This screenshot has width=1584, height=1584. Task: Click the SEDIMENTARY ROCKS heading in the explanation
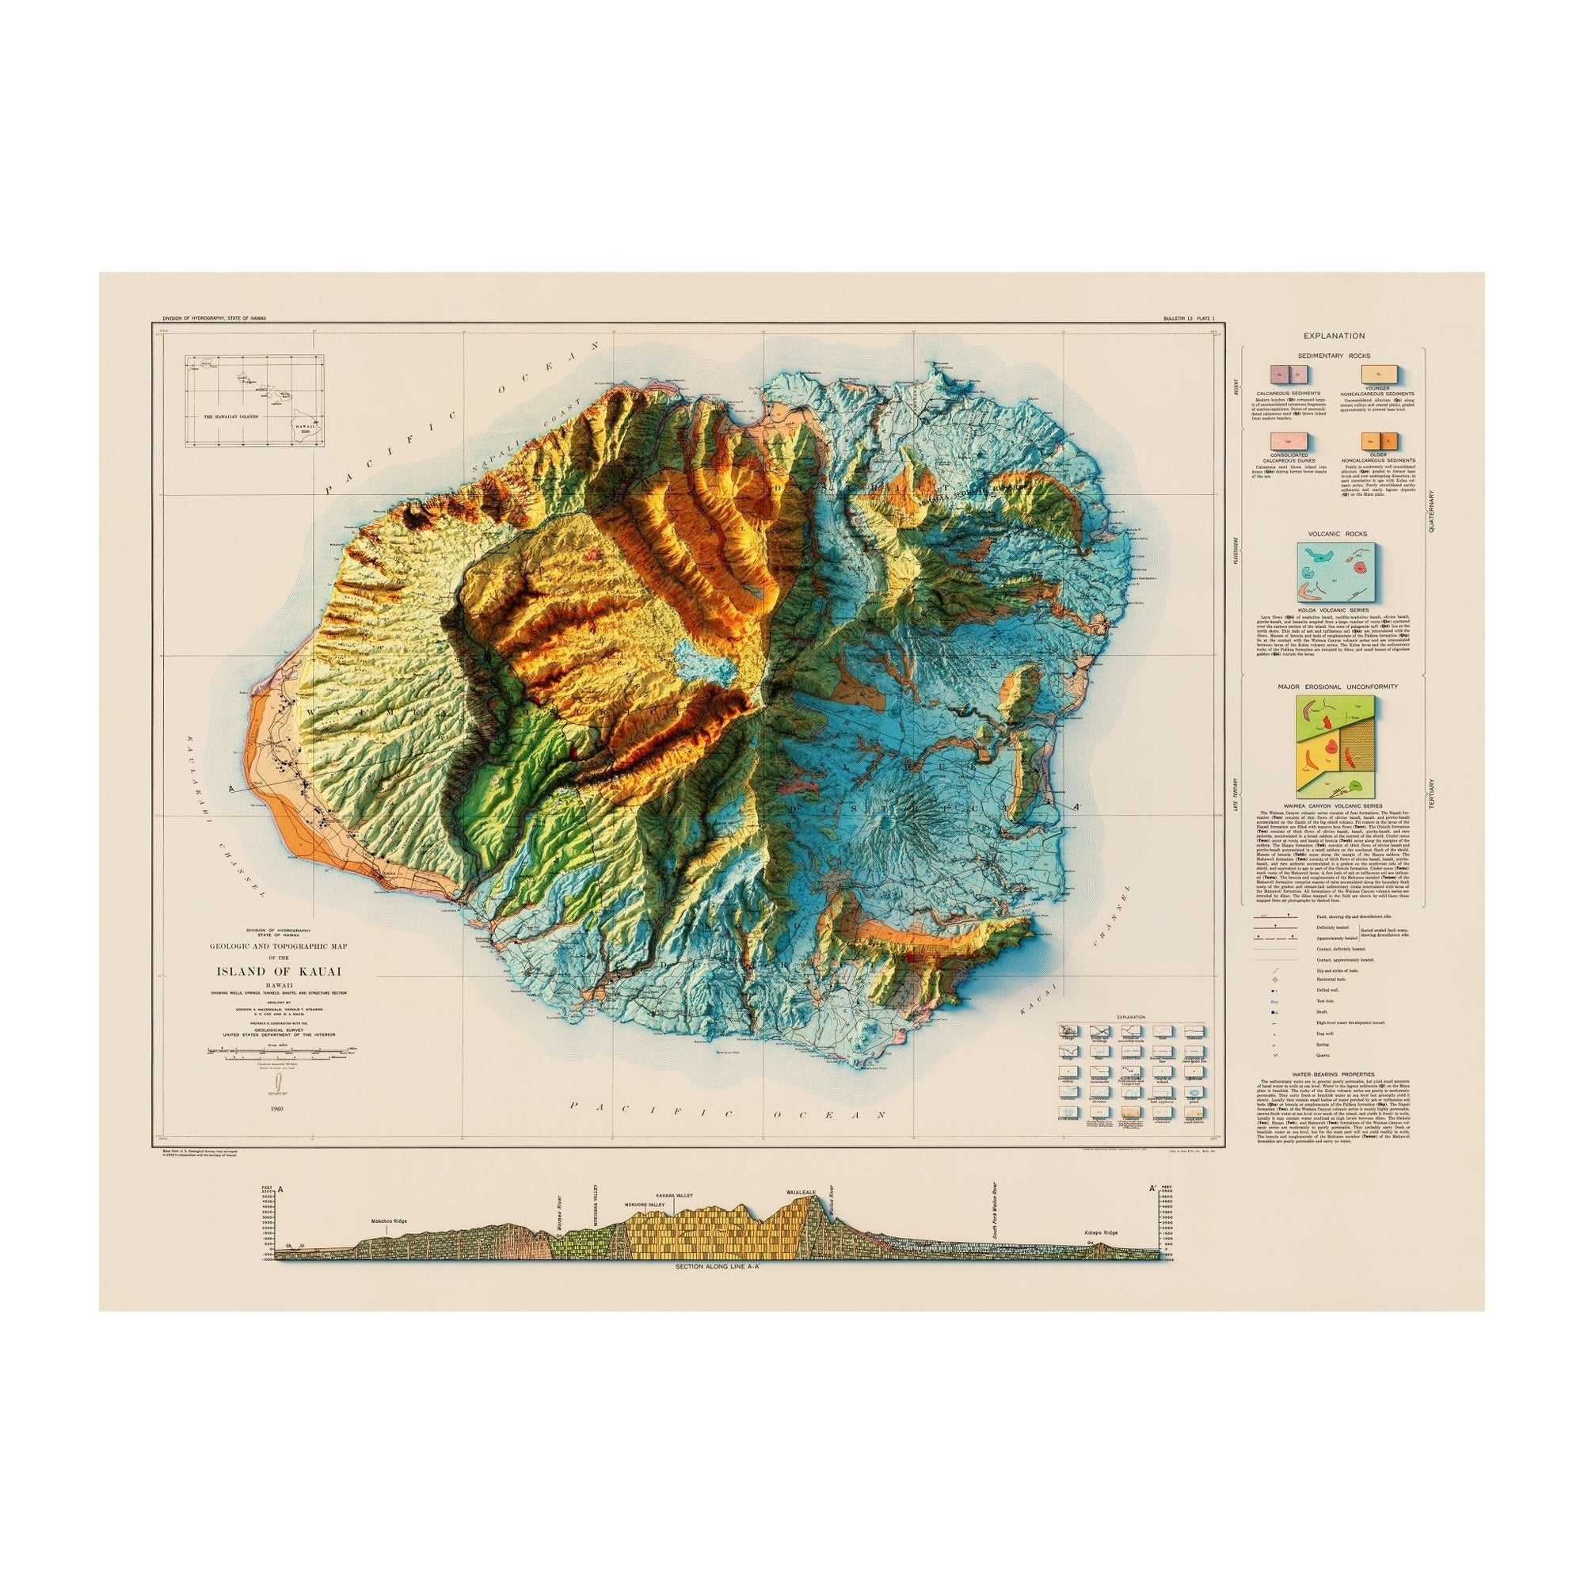pos(1332,356)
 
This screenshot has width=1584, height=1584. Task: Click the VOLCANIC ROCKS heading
pos(1332,533)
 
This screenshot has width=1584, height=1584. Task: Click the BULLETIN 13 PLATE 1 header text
pos(1182,318)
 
